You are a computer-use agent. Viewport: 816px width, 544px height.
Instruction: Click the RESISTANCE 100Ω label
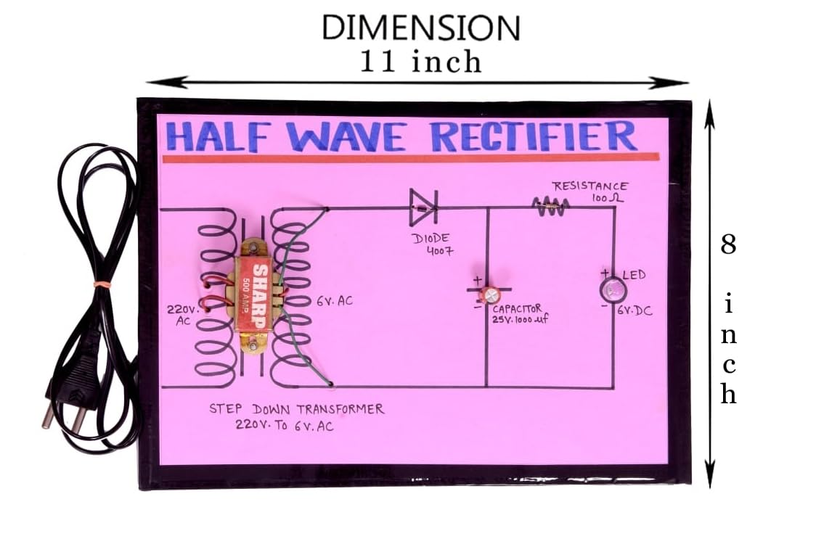(x=589, y=191)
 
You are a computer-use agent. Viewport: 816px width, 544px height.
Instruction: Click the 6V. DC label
(x=635, y=310)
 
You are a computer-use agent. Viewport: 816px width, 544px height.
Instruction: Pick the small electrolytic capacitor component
(x=491, y=294)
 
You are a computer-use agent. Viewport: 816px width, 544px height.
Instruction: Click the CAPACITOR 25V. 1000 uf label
(x=517, y=314)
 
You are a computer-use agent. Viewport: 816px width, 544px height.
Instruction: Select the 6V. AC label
(x=334, y=300)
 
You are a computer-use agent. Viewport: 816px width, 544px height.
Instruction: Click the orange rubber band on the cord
(x=102, y=282)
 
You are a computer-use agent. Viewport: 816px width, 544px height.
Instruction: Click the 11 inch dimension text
(x=421, y=62)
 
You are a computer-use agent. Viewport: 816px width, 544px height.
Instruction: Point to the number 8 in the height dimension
(x=728, y=244)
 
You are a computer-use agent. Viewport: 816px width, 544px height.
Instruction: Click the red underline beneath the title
(x=410, y=157)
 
